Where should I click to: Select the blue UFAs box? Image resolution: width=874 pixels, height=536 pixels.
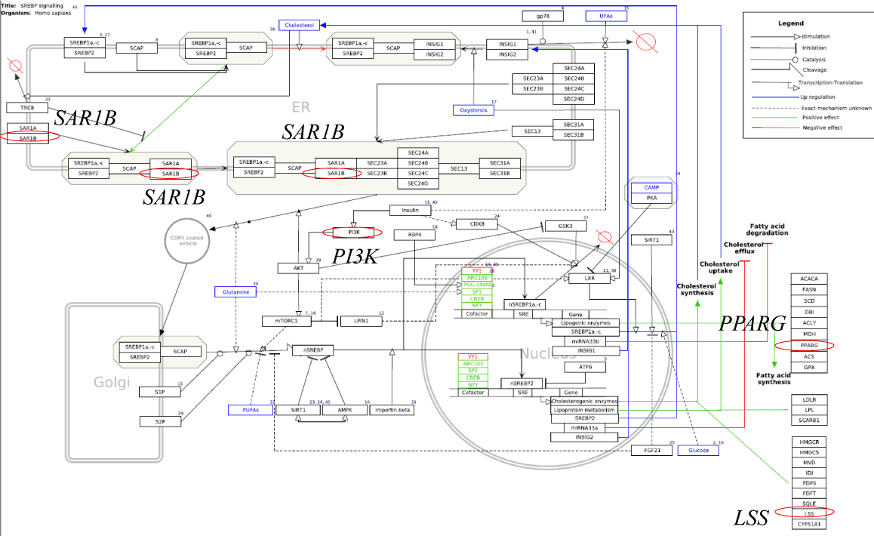coord(605,16)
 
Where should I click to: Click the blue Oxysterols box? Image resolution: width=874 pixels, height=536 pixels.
coord(473,110)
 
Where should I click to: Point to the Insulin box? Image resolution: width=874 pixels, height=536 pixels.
coord(409,210)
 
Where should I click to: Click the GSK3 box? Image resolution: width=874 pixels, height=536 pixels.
coord(566,226)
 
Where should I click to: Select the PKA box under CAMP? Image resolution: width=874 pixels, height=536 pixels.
coord(651,198)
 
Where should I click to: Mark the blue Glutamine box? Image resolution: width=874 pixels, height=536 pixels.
coord(236,291)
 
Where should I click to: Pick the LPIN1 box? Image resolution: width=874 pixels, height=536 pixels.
coord(360,321)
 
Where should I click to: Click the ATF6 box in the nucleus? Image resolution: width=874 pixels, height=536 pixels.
coord(585,367)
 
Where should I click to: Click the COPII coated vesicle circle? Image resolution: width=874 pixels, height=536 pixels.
coord(182,241)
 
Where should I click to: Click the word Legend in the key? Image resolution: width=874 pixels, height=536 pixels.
coord(791,23)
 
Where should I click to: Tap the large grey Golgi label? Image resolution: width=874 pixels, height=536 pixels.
coord(106,383)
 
